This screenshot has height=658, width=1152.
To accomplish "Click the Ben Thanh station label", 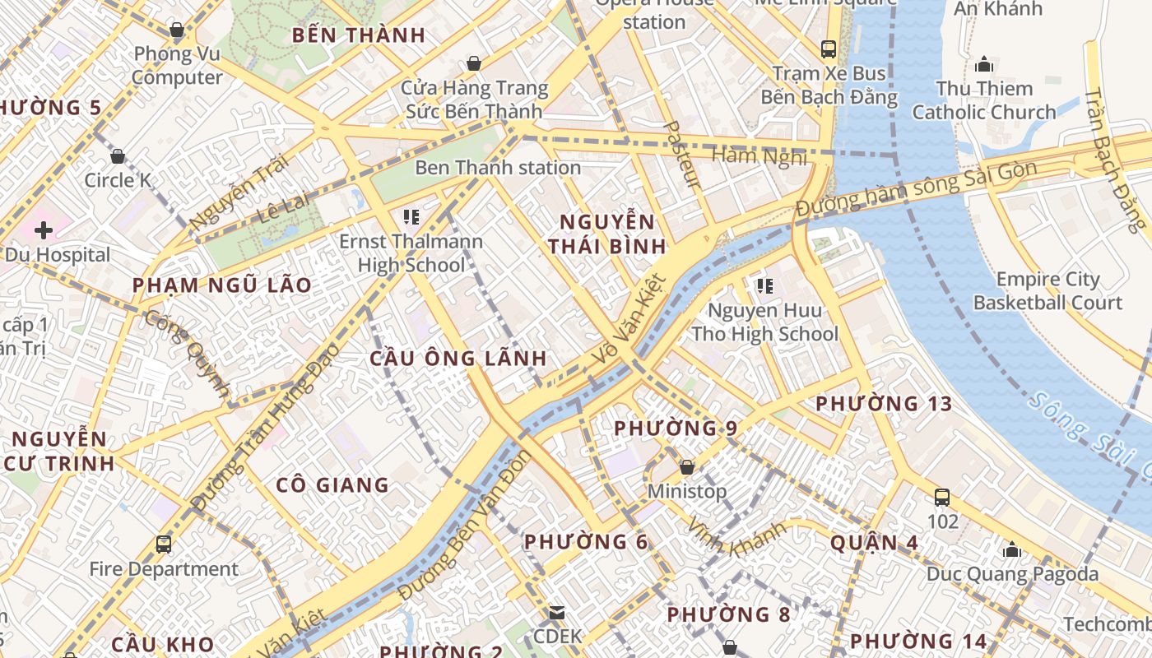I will pyautogui.click(x=498, y=168).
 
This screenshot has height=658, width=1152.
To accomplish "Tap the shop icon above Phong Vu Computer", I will pyautogui.click(x=176, y=30).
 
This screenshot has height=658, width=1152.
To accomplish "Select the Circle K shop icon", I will pyautogui.click(x=118, y=156).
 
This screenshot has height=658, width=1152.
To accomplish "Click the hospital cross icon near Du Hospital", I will pyautogui.click(x=43, y=229).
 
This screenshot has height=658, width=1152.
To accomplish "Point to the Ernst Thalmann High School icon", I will pyautogui.click(x=411, y=217).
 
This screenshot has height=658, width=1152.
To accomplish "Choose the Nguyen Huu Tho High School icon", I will pyautogui.click(x=764, y=286).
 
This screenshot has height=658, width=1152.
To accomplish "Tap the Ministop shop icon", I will pyautogui.click(x=686, y=467).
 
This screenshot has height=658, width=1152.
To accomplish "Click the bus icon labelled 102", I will pyautogui.click(x=942, y=497).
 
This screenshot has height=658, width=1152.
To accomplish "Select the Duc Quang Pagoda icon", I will pyautogui.click(x=1012, y=549).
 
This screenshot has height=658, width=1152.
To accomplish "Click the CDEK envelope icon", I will pyautogui.click(x=557, y=613).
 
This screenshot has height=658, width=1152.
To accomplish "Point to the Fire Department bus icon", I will pyautogui.click(x=163, y=544).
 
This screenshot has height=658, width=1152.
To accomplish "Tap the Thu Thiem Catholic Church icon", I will pyautogui.click(x=983, y=64).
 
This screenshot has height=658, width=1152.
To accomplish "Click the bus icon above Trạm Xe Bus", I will pyautogui.click(x=829, y=49).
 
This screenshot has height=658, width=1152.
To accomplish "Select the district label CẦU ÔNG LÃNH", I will pyautogui.click(x=458, y=359).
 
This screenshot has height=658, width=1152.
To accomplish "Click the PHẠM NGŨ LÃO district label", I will pyautogui.click(x=222, y=285).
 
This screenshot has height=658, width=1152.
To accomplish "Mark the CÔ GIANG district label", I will pyautogui.click(x=332, y=485).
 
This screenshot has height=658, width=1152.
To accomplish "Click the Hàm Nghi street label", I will pyautogui.click(x=759, y=156).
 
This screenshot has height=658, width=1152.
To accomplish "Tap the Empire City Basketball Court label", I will pyautogui.click(x=1047, y=291).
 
